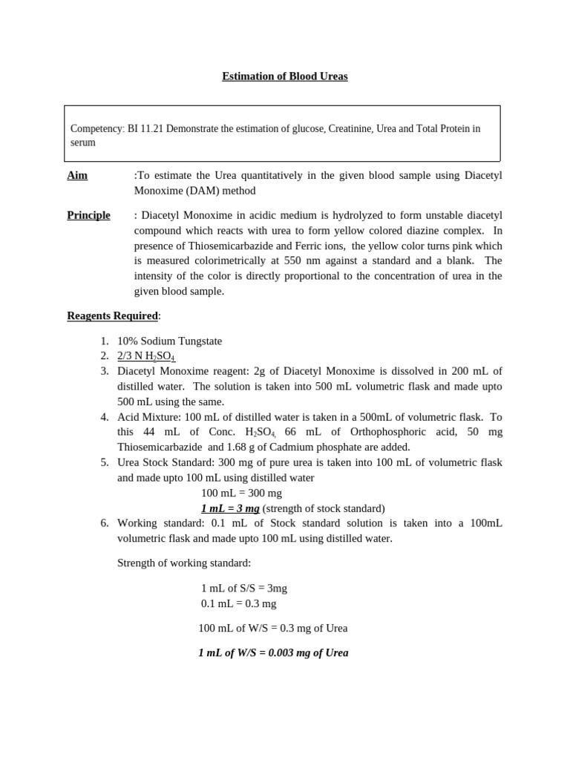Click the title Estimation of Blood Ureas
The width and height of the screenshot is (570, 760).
[x=284, y=76]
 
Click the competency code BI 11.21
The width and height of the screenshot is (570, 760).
[x=145, y=128]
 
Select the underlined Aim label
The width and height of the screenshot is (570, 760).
[x=77, y=175]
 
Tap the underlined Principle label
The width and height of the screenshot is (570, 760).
[x=88, y=215]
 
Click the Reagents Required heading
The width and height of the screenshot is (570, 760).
[x=112, y=315]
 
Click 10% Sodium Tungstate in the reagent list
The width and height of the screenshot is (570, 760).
[x=169, y=341]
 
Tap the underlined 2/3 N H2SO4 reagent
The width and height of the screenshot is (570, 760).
[x=146, y=356]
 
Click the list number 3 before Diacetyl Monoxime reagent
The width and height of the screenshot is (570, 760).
[x=105, y=371]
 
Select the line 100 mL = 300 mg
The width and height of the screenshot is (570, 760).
[x=241, y=493]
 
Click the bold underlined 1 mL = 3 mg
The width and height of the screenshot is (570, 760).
[x=230, y=508]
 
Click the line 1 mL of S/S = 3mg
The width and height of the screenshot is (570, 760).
[x=243, y=588]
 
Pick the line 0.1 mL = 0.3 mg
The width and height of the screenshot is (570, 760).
[x=238, y=603]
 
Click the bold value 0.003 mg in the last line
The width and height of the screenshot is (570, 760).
[x=280, y=653]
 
